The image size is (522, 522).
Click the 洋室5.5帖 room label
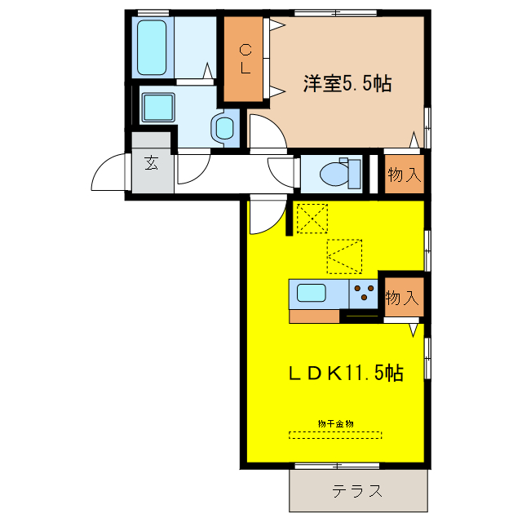point(347,84)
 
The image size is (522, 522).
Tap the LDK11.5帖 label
point(345,374)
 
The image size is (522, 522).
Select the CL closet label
point(244,59)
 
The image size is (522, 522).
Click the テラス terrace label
point(358,491)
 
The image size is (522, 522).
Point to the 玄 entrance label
point(152,162)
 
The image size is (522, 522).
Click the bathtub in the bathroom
point(152,47)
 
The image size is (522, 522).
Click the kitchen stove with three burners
point(363,294)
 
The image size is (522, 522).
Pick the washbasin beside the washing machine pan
point(223,127)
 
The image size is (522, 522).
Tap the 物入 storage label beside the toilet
point(405,175)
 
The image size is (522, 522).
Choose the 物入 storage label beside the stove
point(402,298)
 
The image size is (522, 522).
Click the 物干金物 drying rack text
point(335,423)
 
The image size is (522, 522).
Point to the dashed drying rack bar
point(335,434)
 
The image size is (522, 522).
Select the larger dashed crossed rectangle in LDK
point(344,256)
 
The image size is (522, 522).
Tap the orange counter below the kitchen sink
point(315,316)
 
